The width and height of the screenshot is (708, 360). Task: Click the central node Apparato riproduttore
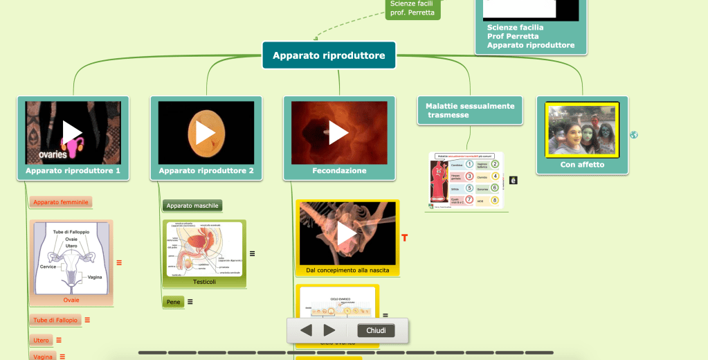(x=329, y=55)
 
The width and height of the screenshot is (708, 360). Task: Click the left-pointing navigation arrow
(x=306, y=331)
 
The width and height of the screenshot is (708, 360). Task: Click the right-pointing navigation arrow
(x=329, y=331)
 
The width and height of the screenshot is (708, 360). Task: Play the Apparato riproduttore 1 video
(x=73, y=132)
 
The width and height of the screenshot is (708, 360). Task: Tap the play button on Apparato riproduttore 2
(x=206, y=132)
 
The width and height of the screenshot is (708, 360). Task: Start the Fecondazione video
(x=338, y=132)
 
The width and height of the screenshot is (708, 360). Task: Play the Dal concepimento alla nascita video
(x=347, y=233)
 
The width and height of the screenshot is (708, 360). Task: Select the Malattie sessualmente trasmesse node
(x=470, y=110)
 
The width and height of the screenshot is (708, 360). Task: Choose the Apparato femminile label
(x=61, y=202)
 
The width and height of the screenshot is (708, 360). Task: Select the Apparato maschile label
(x=192, y=206)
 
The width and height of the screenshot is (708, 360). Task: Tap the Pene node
(x=173, y=302)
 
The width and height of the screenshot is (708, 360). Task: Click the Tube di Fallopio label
(x=55, y=320)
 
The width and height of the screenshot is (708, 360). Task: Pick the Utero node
(x=41, y=340)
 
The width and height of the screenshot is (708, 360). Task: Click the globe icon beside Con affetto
(x=634, y=135)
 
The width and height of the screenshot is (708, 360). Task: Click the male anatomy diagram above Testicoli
(x=204, y=249)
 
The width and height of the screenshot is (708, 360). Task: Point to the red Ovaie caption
(x=71, y=300)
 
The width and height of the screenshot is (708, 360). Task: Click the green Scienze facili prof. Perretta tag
(x=412, y=8)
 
